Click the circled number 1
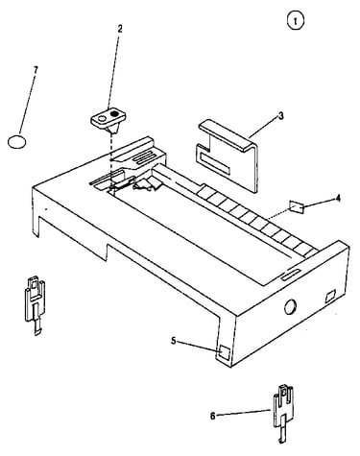(x=295, y=21)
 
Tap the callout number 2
(x=120, y=29)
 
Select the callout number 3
(x=280, y=116)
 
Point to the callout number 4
(x=338, y=199)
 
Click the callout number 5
(x=174, y=341)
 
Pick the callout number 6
(x=213, y=417)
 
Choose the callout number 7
(x=36, y=69)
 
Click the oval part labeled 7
(x=16, y=142)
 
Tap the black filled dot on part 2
(x=114, y=113)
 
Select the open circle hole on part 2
(x=102, y=119)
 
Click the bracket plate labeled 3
(x=227, y=156)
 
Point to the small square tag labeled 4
(x=296, y=206)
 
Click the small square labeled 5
(x=225, y=352)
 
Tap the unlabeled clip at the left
(x=36, y=304)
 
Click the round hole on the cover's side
(x=290, y=306)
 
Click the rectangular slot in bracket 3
(x=215, y=163)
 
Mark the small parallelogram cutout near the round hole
(x=330, y=296)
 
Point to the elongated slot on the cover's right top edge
(x=291, y=275)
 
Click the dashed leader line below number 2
(x=114, y=68)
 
